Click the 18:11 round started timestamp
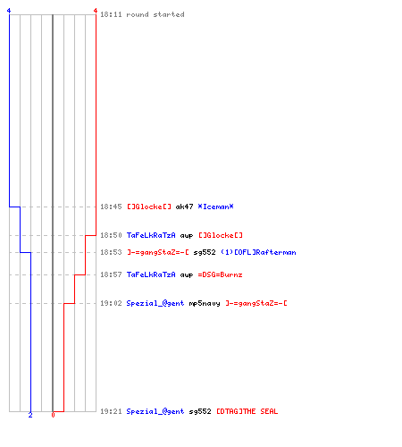click(x=111, y=14)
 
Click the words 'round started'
click(x=155, y=14)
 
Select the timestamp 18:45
click(x=111, y=207)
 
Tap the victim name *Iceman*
click(x=215, y=207)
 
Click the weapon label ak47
click(x=184, y=207)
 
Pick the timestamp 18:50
click(x=111, y=235)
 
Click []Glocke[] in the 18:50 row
click(x=221, y=235)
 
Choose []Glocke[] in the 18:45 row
click(x=149, y=207)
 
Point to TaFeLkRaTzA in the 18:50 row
click(x=151, y=235)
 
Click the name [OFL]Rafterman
click(x=265, y=252)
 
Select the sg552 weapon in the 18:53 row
click(x=205, y=252)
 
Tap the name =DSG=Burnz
click(x=220, y=274)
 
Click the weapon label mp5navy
click(x=205, y=303)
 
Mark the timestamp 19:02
click(x=111, y=303)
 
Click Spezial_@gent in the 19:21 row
click(x=155, y=411)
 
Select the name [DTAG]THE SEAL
click(x=247, y=411)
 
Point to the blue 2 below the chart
click(x=30, y=415)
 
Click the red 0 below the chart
click(x=53, y=415)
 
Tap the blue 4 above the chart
click(x=9, y=11)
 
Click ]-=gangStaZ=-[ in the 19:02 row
click(x=256, y=303)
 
